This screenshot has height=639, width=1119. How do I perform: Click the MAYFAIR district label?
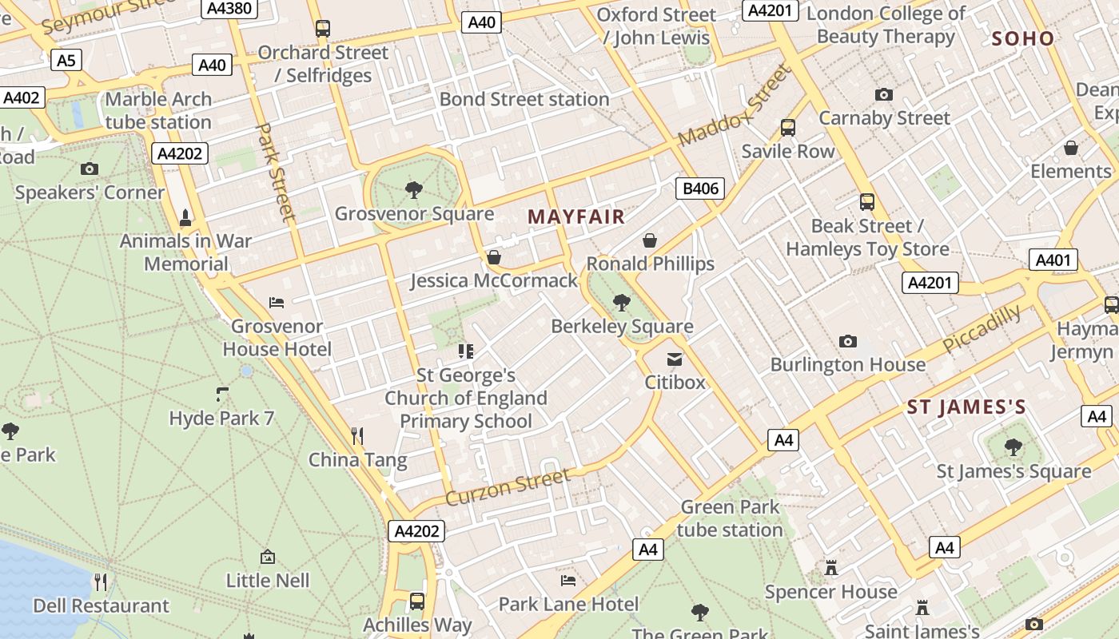coord(575,216)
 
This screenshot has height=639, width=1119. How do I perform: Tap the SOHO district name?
coord(1023,38)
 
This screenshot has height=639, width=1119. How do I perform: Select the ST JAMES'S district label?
coord(966,407)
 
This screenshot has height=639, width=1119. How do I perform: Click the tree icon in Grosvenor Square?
coord(413,190)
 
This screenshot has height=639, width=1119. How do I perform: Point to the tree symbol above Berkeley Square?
coord(621,303)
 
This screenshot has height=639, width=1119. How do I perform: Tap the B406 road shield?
coord(699,189)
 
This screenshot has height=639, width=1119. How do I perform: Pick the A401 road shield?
coord(1053,260)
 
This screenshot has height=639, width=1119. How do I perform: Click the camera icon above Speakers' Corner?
coord(90,169)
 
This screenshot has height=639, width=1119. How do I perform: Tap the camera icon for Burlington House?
coord(848,342)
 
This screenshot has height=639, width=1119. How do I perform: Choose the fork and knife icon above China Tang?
coord(357,436)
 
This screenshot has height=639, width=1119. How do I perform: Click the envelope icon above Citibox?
coord(675,359)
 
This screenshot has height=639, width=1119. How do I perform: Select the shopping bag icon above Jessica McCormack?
coord(494,257)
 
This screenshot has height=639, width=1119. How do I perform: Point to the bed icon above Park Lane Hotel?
coord(568,580)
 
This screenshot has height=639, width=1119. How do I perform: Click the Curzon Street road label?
coord(508,486)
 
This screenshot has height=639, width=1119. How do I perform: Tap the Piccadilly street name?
coord(982,328)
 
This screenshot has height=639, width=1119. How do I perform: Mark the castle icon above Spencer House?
coord(831,568)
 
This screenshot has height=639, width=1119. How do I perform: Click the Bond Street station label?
coord(524,99)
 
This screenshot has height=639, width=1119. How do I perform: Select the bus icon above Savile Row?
coord(787,128)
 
